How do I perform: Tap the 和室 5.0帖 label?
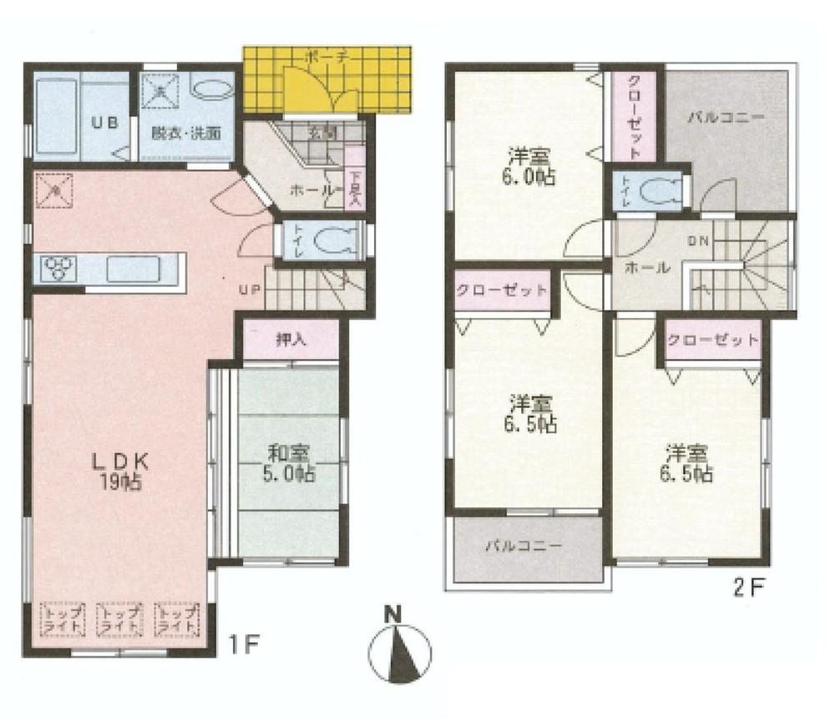(x=290, y=463)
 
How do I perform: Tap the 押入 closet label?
(x=290, y=340)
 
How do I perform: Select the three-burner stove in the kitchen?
(x=58, y=268)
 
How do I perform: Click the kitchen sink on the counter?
(x=134, y=269)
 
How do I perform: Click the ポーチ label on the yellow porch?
(x=321, y=58)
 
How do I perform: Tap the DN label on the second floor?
(x=698, y=240)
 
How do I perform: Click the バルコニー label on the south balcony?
(x=524, y=547)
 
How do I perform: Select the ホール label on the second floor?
(x=647, y=268)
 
